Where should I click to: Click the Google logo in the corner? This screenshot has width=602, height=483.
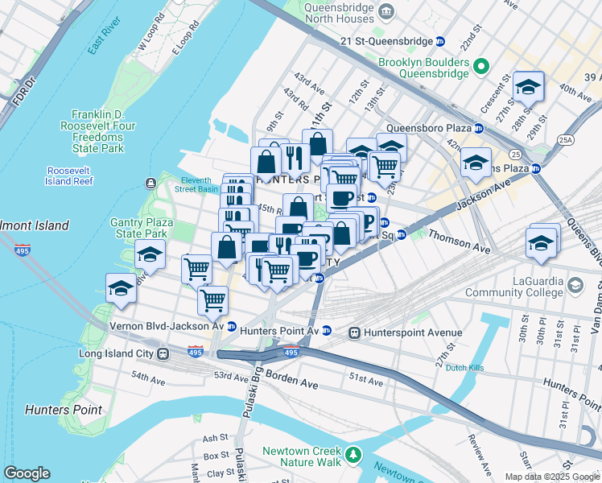(x=27, y=473)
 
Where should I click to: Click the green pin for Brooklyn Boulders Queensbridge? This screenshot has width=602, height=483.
(x=481, y=66)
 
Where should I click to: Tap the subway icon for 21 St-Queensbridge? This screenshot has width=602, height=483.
(x=440, y=41)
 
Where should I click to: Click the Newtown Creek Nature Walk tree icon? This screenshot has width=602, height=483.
(x=353, y=456)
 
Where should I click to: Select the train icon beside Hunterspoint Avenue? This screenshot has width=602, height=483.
(x=353, y=332)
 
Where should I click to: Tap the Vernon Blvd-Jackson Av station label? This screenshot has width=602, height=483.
(x=167, y=326)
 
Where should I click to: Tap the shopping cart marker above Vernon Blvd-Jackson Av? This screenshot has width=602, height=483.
(x=212, y=300)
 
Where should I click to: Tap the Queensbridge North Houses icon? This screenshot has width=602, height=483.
(x=387, y=11)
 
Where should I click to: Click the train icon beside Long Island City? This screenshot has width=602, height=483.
(x=163, y=353)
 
